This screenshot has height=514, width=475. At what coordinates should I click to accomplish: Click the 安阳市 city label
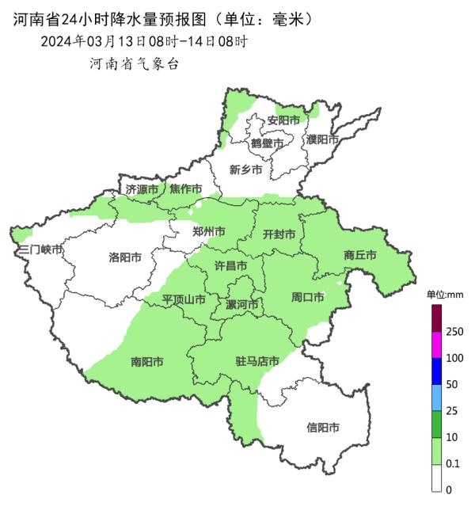point(283,120)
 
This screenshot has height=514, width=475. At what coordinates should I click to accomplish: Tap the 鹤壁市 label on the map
point(267,143)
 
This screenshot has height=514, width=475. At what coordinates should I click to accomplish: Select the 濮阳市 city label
point(322,139)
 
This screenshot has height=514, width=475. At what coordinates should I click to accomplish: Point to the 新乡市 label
point(245,169)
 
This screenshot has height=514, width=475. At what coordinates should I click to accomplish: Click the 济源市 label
point(142,189)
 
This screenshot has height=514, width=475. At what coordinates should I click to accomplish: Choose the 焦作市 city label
point(185,189)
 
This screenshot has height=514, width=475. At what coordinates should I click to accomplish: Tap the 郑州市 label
point(209,232)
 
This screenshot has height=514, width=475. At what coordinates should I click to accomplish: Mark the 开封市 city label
point(279,234)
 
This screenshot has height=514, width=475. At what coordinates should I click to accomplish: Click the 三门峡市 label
point(40,249)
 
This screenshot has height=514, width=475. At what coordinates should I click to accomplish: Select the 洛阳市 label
point(124,257)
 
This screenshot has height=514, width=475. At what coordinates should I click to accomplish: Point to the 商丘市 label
point(359,255)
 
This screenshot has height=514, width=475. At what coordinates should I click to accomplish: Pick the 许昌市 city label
point(231,266)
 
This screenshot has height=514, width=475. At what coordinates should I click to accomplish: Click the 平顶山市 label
point(184,300)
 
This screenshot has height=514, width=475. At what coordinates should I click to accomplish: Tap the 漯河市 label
point(242,305)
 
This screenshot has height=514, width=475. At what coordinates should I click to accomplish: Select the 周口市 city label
point(307,298)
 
